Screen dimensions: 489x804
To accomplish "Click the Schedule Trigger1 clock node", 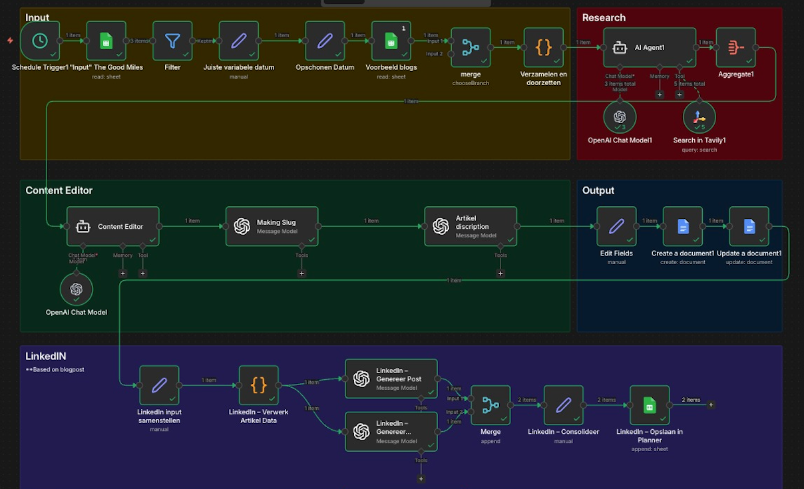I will (x=39, y=41).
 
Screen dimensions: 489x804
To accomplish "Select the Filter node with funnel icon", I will (x=172, y=41).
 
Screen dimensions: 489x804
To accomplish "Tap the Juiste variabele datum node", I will (x=238, y=41).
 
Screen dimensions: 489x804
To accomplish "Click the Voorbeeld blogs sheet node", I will (x=391, y=41).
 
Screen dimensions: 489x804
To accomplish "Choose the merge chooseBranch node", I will (x=471, y=47).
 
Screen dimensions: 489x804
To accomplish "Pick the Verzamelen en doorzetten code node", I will (x=544, y=47).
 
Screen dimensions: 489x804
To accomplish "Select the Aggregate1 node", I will (x=735, y=47).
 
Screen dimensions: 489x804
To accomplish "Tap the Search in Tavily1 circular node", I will (x=699, y=117).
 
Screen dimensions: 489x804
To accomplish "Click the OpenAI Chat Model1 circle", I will (x=620, y=117).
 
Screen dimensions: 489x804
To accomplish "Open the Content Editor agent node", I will (x=112, y=226).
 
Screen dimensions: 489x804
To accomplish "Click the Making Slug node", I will (x=272, y=226).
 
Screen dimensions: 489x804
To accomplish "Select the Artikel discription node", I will (x=471, y=226).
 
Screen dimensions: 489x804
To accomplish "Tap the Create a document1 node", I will (x=683, y=226).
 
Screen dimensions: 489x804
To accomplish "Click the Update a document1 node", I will (x=749, y=226).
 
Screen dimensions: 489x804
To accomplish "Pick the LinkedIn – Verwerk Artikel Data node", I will (x=258, y=385).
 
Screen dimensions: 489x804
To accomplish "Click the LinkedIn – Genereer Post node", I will (x=391, y=379).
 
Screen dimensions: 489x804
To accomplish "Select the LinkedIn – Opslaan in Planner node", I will (x=650, y=405).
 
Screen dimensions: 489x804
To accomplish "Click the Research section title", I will (x=604, y=18).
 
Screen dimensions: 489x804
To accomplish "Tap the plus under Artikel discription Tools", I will (x=501, y=273).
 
